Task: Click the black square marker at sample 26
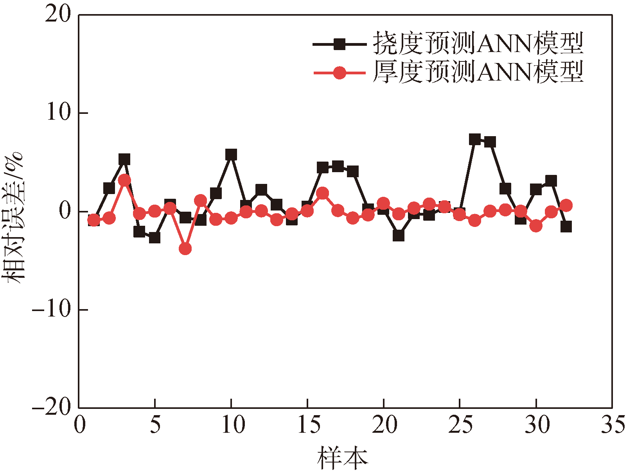[475, 139]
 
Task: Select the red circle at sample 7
[185, 248]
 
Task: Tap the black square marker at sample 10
[231, 155]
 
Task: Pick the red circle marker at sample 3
[124, 180]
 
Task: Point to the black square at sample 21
[398, 236]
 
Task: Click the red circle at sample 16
[323, 193]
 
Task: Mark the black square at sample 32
[566, 227]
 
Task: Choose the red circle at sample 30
[536, 225]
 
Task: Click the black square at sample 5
[155, 237]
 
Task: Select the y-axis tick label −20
[53, 408]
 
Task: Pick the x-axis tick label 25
[460, 425]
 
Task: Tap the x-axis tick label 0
[80, 425]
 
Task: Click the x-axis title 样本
[343, 458]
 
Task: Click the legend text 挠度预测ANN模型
[478, 43]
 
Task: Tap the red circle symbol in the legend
[340, 73]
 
